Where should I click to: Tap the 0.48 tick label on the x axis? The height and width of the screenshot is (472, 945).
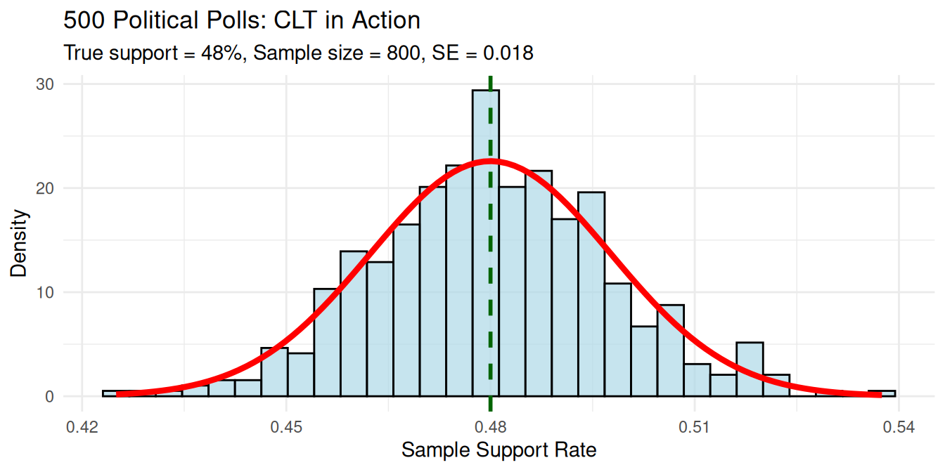490,427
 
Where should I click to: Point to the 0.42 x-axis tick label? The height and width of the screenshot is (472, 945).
82,427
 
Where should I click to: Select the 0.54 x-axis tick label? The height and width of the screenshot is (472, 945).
899,427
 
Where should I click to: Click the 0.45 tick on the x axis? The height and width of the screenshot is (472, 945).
286,427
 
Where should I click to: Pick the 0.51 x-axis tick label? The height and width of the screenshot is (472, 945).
695,427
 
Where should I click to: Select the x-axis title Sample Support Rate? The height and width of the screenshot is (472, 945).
499,450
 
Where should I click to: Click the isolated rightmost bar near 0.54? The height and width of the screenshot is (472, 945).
882,393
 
